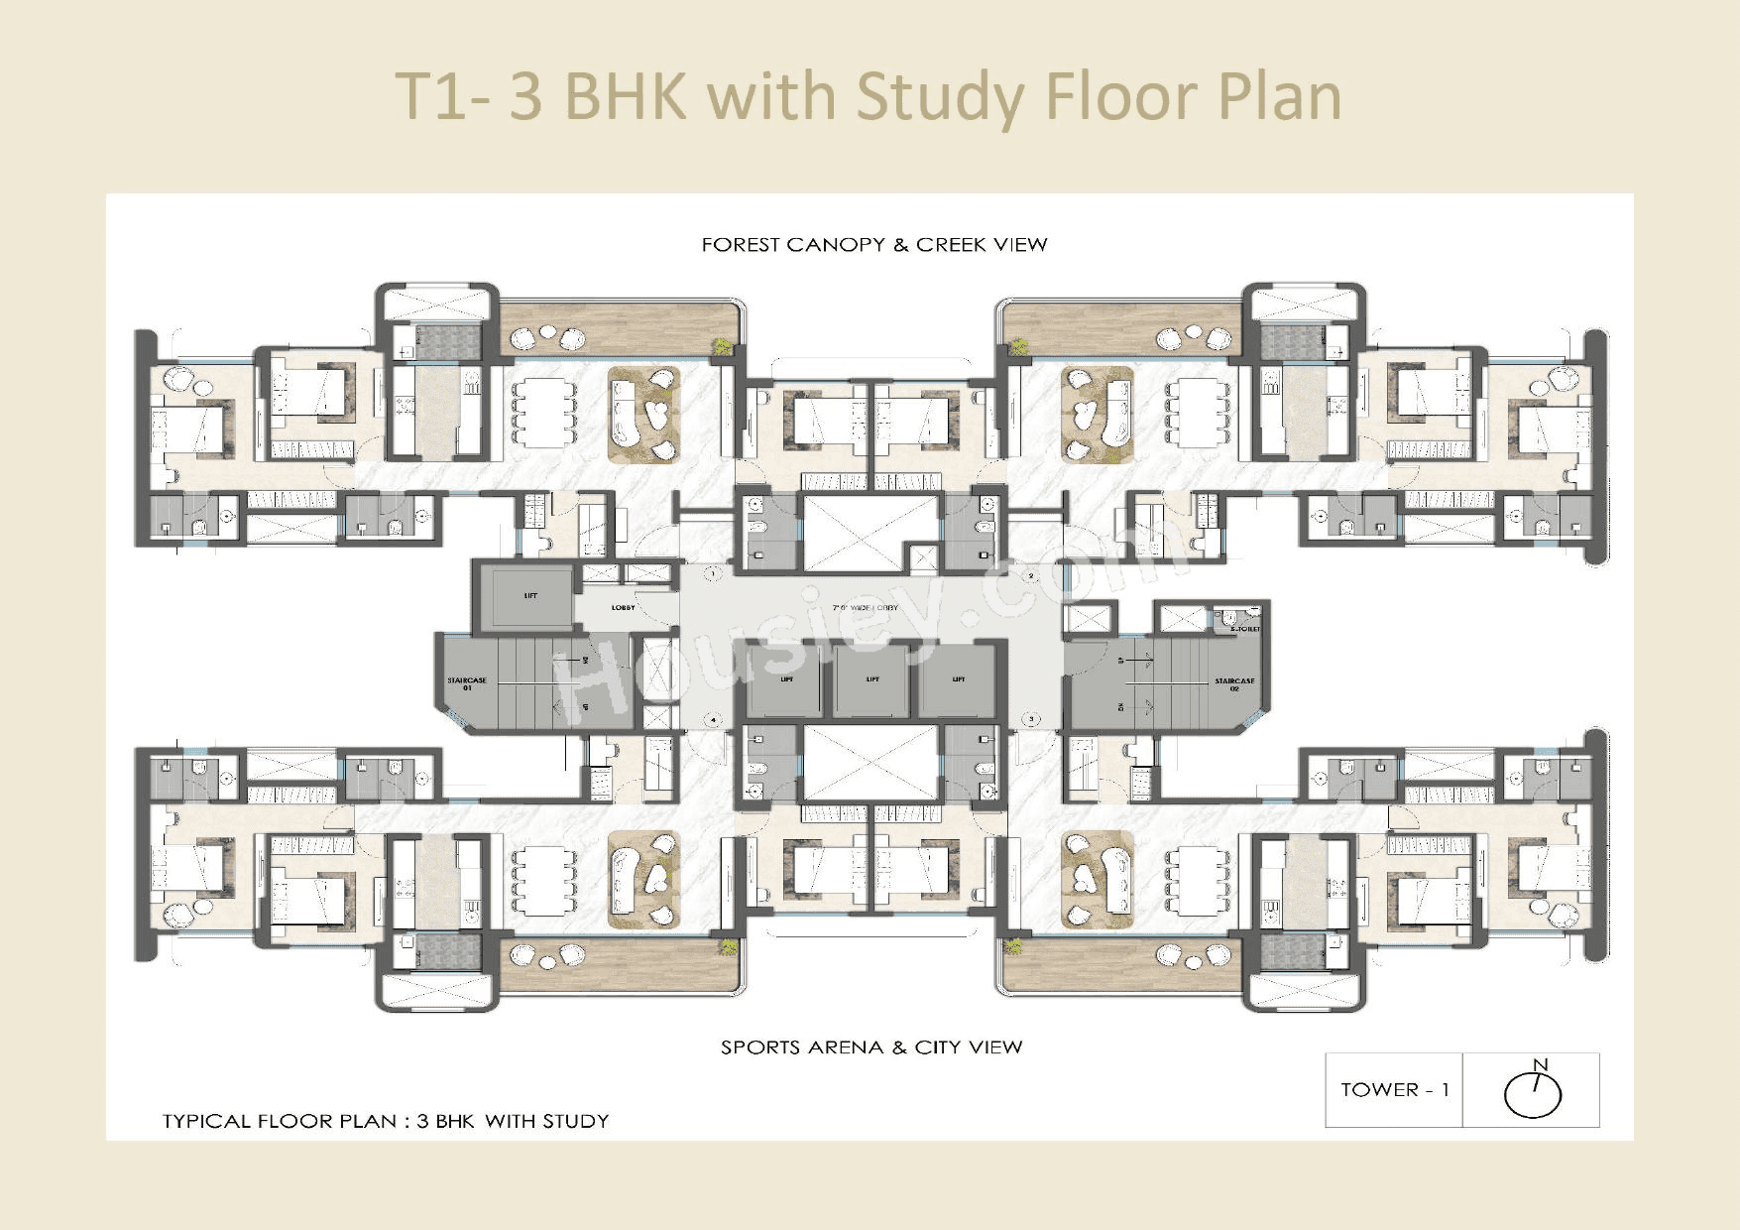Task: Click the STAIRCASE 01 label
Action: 466,683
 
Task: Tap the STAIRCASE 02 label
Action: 1234,683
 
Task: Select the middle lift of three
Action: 871,680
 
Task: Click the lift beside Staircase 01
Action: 529,596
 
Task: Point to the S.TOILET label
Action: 1244,629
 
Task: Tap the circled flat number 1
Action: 712,573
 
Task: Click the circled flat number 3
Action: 1031,719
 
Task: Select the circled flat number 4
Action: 712,719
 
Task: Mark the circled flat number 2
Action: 1031,575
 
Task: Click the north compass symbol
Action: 1533,1090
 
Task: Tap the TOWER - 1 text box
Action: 1394,1090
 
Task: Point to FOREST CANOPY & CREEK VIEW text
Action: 873,245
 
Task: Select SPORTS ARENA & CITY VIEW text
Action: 870,1047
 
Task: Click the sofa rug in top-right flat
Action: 1099,414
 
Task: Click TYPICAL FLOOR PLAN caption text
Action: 385,1122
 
